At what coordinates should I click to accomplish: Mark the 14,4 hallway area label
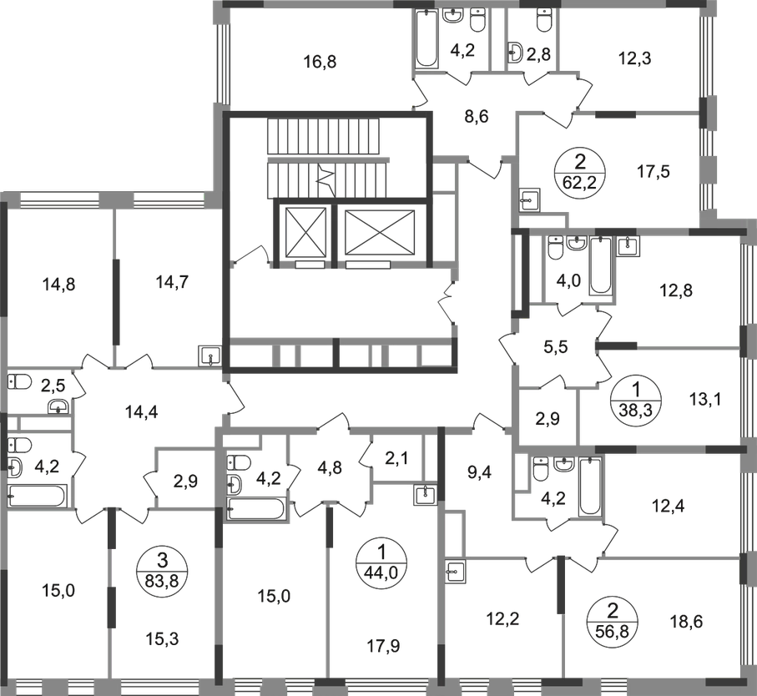pos(141,410)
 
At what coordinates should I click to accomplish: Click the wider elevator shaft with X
pos(378,229)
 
